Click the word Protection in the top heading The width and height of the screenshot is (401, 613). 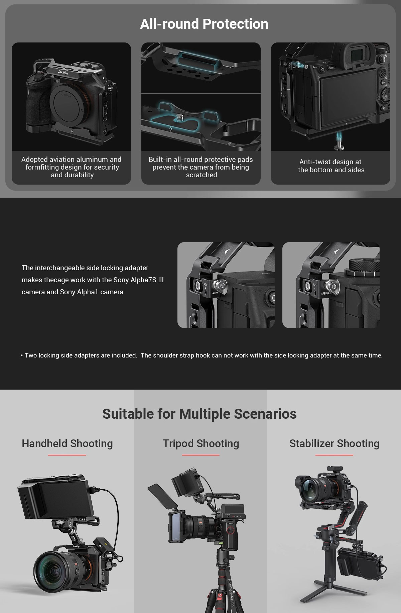(x=235, y=24)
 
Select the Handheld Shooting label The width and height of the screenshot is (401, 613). (x=67, y=443)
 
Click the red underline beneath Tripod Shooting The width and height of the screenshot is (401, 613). (x=200, y=455)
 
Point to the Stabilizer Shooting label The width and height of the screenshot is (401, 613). (x=334, y=443)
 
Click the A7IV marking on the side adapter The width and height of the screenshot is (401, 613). (x=215, y=293)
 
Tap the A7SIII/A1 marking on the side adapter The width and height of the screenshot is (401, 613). (x=326, y=293)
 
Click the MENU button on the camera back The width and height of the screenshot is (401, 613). (x=332, y=68)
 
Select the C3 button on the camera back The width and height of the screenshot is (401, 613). (x=322, y=70)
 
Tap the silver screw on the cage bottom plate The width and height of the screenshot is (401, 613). (x=180, y=117)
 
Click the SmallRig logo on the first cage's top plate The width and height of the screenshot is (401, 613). (x=63, y=72)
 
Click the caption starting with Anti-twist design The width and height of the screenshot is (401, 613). (x=331, y=166)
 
